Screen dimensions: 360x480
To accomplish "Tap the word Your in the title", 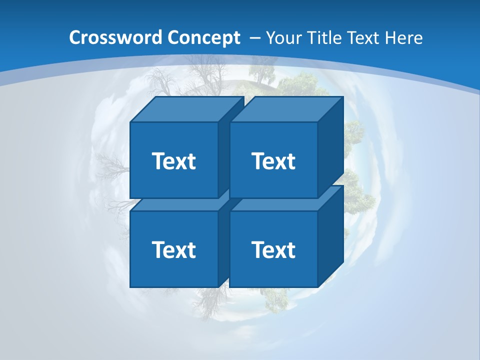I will [x=283, y=38].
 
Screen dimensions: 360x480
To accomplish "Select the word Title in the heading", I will [x=323, y=38].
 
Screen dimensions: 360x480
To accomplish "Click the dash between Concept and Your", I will [x=254, y=38].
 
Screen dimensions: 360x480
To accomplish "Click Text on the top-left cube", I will [x=173, y=161].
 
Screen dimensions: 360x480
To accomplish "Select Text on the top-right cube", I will [x=273, y=161].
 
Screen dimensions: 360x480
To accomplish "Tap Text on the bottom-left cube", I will [x=173, y=249].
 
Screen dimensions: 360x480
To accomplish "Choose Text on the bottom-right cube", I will [x=273, y=249].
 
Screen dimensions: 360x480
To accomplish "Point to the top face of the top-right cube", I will [x=286, y=109].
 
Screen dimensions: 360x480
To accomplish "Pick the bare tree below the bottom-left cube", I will [x=205, y=300].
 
